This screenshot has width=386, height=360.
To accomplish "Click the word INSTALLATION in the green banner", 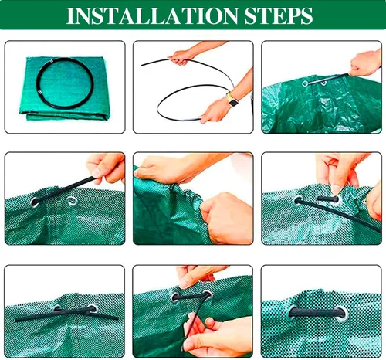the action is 152,16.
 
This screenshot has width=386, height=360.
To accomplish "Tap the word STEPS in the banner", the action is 279,16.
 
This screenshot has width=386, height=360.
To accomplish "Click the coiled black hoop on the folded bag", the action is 65,83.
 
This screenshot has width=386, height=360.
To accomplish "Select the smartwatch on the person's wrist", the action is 232,100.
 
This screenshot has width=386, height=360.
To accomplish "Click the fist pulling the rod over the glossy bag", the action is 365,63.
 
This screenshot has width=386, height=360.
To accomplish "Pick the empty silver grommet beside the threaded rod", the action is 72,201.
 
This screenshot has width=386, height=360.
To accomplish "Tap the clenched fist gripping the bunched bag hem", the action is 226,219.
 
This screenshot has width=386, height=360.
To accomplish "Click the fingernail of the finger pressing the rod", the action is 336,189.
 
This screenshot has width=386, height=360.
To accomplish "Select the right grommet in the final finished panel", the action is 341,313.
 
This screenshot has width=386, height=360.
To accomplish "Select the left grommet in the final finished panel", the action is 293,312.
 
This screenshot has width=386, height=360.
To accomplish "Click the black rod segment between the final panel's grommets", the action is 317,312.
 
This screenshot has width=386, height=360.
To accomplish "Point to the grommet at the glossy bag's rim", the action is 305,83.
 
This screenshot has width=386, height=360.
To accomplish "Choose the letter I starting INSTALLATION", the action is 69,16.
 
